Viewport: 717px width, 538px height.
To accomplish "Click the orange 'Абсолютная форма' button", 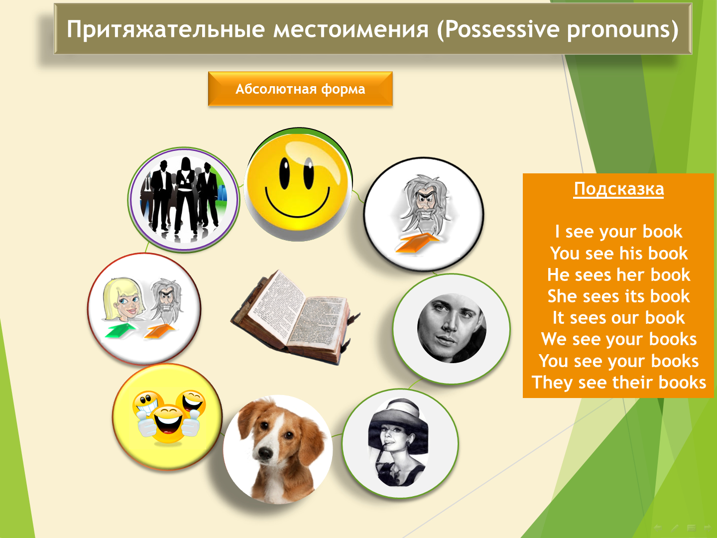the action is coord(300,89).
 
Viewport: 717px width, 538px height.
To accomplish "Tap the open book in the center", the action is coord(296,317).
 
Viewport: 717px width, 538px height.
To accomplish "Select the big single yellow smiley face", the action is coord(298,184).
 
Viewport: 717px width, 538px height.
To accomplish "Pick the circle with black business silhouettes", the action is coord(184,200).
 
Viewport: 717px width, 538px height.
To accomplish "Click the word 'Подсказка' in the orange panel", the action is coord(619,189).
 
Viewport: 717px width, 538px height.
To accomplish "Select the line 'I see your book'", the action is coord(618,232).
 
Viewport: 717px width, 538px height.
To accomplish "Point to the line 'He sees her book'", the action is coord(618,274).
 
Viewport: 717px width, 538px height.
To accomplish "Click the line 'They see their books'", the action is coord(619,382).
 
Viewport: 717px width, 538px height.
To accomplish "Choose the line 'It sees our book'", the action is coord(618,317).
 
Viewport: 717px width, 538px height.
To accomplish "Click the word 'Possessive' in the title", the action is coord(503,29).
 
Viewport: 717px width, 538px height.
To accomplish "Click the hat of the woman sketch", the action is coord(398,415).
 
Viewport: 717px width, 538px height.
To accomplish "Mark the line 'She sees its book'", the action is coord(618,296).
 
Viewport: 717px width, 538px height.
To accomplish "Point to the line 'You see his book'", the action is coord(618,253).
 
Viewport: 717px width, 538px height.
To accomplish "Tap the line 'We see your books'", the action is coord(619,339).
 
